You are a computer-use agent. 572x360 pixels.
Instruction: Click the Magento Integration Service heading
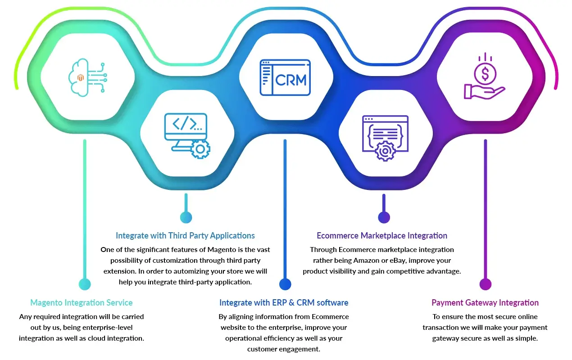coord(82,303)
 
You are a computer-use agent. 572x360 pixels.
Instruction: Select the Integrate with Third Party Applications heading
coord(185,236)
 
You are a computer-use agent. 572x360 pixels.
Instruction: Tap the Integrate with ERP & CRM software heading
coord(284,303)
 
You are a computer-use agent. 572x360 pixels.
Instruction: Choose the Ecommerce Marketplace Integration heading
coord(382,236)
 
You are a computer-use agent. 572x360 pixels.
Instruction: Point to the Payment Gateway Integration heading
coord(485,303)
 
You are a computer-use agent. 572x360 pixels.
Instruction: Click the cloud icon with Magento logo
coord(81,77)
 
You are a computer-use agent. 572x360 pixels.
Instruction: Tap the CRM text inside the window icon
coord(291,80)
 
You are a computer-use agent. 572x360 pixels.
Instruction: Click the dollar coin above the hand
coord(485,73)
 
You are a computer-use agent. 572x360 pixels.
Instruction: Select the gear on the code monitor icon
coord(200,148)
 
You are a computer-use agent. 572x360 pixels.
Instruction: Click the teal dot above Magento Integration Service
coord(85,284)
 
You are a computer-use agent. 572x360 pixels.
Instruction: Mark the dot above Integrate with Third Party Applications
coord(186,217)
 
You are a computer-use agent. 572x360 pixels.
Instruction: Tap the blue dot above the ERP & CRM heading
coord(285,284)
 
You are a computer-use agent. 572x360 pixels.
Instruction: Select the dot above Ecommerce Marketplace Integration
coord(384,217)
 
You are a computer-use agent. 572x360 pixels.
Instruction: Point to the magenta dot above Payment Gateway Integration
coord(485,284)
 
